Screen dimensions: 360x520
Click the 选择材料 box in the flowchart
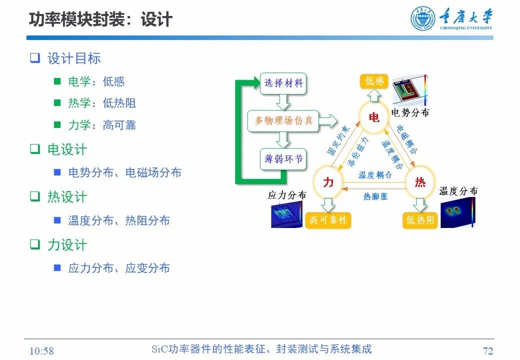pyautogui.click(x=283, y=83)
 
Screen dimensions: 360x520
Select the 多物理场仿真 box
pyautogui.click(x=283, y=121)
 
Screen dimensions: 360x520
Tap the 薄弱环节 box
pyautogui.click(x=283, y=159)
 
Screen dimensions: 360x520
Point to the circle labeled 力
pyautogui.click(x=328, y=182)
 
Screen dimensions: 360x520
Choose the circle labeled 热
pyautogui.click(x=420, y=182)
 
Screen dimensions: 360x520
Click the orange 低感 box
pyautogui.click(x=374, y=81)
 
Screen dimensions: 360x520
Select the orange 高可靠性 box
pyautogui.click(x=328, y=220)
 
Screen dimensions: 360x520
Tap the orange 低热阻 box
pyautogui.click(x=420, y=220)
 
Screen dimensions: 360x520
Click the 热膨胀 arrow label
pyautogui.click(x=375, y=196)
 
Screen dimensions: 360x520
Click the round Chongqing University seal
pyautogui.click(x=423, y=18)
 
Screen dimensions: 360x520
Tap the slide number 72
pyautogui.click(x=488, y=350)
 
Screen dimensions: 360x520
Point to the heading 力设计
pyautogui.click(x=67, y=245)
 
